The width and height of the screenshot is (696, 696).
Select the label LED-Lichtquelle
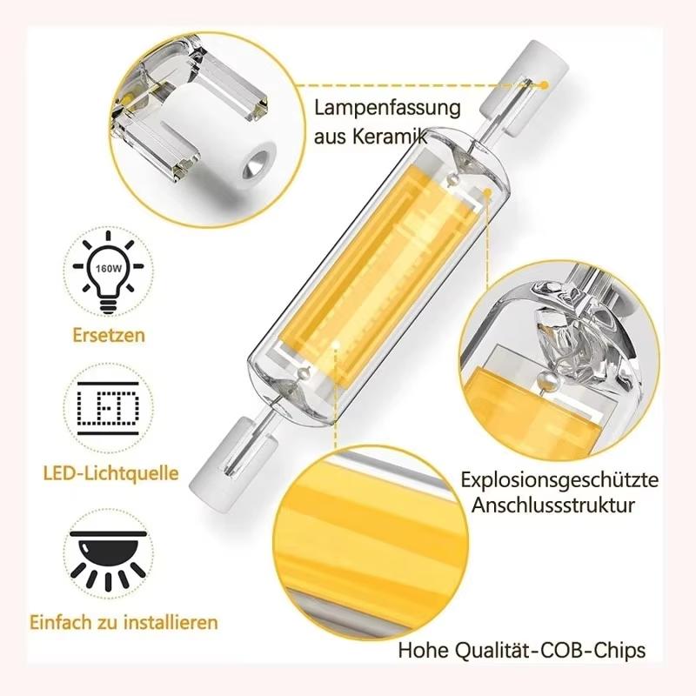[x=110, y=474]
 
